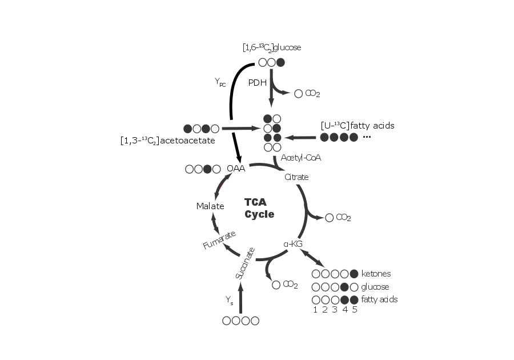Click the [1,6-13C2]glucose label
tap(271, 47)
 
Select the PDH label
tap(258, 82)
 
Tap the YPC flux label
tap(220, 83)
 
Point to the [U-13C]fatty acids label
tap(358, 125)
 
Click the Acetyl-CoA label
tap(301, 157)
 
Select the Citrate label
tap(296, 177)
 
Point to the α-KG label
tap(292, 244)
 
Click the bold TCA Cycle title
tap(259, 209)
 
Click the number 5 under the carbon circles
tap(355, 310)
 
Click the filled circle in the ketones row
tap(355, 274)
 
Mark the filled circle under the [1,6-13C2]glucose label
tap(280, 62)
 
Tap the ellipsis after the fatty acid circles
tap(367, 137)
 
